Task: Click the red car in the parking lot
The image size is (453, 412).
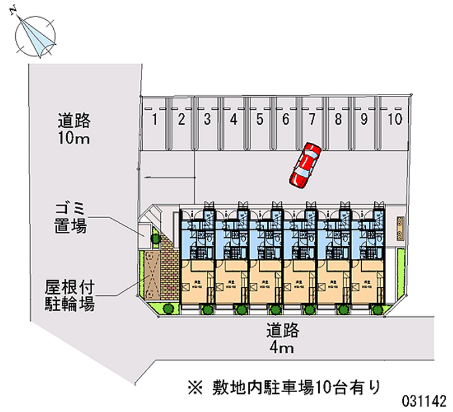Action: click(x=305, y=165)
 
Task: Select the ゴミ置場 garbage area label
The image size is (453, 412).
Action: click(x=71, y=218)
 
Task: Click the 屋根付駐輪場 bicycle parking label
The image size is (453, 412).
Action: click(x=70, y=295)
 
